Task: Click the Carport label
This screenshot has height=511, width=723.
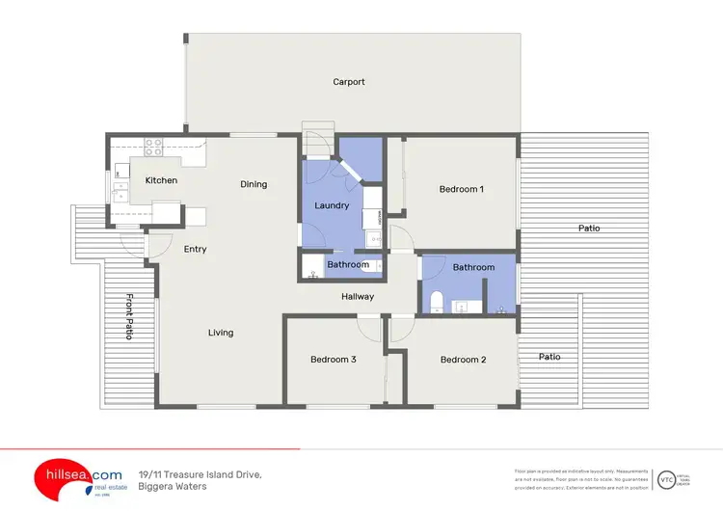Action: click(349, 82)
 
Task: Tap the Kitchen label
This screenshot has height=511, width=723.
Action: click(161, 180)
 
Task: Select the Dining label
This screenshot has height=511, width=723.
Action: click(254, 184)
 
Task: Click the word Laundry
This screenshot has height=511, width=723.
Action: click(332, 205)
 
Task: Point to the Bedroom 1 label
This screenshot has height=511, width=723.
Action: click(461, 189)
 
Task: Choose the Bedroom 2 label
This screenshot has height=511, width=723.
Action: click(463, 360)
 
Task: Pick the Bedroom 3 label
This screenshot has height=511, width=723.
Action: click(334, 360)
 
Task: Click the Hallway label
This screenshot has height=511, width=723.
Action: click(358, 297)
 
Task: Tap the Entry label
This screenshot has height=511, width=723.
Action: click(195, 249)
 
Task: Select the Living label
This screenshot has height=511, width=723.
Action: click(221, 333)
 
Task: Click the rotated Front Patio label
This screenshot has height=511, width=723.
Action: click(128, 316)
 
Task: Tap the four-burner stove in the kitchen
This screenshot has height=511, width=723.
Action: click(152, 148)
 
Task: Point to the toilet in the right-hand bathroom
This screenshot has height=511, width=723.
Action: click(436, 303)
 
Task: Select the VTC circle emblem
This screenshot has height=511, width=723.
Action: click(665, 479)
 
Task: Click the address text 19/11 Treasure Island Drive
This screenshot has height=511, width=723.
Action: click(201, 474)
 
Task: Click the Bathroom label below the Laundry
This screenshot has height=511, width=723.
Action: click(348, 264)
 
